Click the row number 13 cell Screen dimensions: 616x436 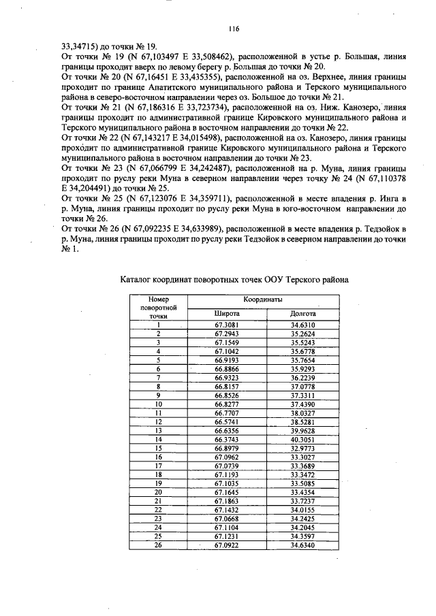[158, 431]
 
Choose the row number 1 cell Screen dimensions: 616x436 [158, 325]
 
